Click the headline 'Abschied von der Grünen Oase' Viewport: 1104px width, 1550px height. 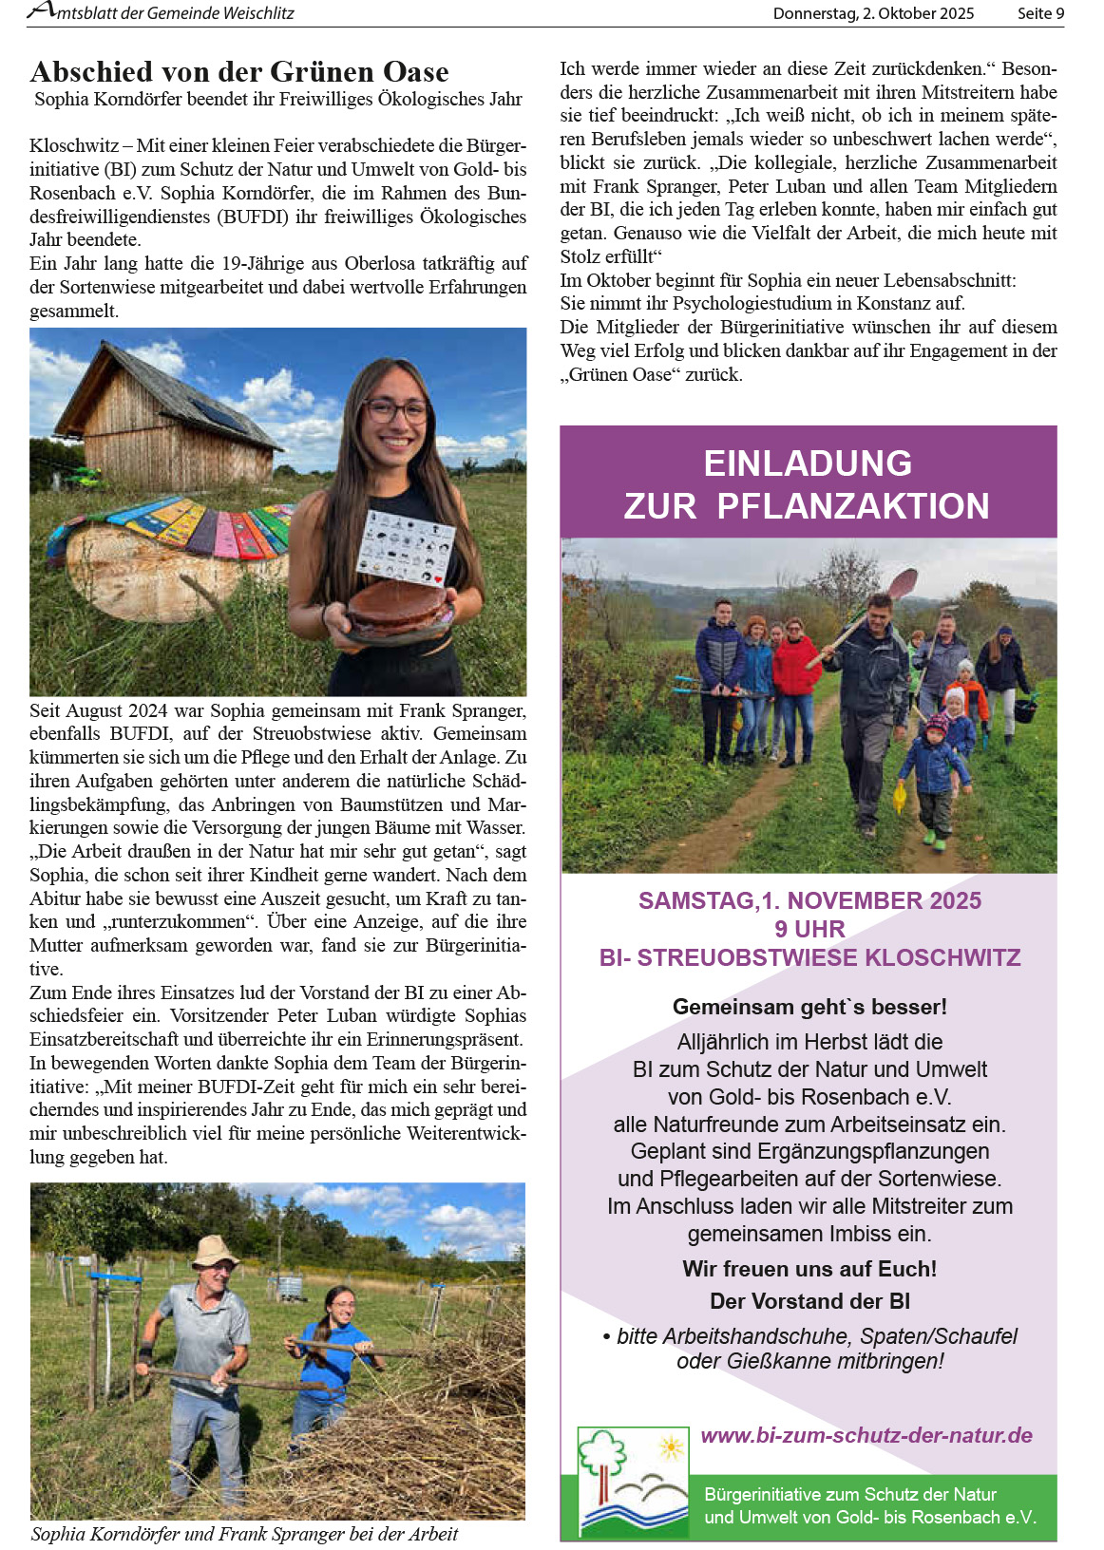tap(239, 72)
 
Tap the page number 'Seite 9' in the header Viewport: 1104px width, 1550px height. tap(1040, 13)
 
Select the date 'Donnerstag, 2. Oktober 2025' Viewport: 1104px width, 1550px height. tap(873, 13)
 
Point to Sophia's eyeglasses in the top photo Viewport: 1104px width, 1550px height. tap(396, 411)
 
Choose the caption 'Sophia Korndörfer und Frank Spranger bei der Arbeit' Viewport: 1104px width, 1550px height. tap(244, 1534)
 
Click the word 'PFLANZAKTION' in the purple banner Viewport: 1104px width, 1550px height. tap(852, 506)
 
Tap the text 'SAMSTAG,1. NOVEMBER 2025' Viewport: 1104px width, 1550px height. tap(809, 900)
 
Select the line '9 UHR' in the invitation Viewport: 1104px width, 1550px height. tap(809, 929)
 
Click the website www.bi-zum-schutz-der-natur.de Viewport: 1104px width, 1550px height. tap(866, 1435)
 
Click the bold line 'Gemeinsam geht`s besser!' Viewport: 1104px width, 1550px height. tap(809, 1007)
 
